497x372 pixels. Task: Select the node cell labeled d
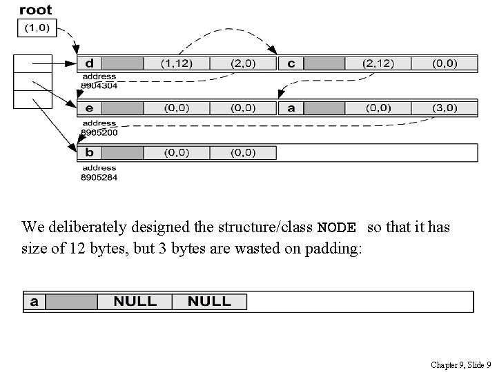[x=90, y=63]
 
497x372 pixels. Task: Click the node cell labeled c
[x=291, y=63]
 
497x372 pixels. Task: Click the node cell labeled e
[x=90, y=108]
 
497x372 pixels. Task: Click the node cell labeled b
[x=90, y=152]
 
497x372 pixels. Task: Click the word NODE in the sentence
[x=336, y=228]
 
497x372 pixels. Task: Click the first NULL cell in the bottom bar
[x=135, y=302]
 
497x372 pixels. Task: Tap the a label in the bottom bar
[x=34, y=302]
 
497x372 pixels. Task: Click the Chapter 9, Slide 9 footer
[x=460, y=364]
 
